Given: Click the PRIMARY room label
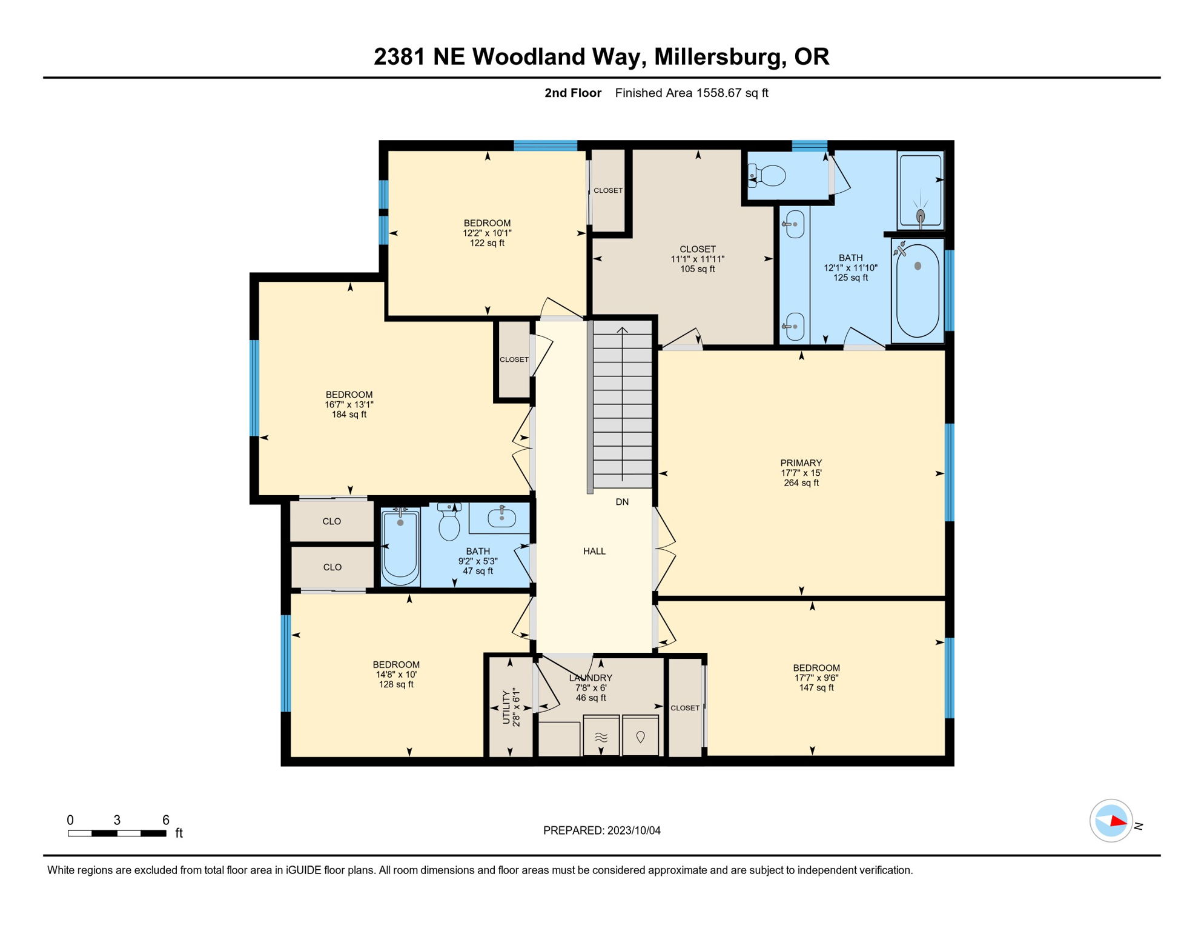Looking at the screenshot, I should coord(801,463).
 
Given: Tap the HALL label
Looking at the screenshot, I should coord(594,551).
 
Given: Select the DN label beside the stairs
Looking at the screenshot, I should coord(622,502).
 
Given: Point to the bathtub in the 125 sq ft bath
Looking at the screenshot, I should coord(918,290).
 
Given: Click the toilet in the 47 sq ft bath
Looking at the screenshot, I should coord(449,524).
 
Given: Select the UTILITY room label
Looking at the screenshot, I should coord(506,707).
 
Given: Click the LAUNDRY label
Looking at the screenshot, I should coord(590,678).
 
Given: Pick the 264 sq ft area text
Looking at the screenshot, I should coord(801,483).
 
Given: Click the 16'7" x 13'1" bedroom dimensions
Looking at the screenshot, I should coord(349,404).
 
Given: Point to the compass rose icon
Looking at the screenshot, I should coord(1111,821).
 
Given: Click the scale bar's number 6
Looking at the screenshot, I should coord(165,820).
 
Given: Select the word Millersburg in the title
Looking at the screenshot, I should coord(717,56).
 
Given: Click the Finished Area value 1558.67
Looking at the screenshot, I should coord(719,93).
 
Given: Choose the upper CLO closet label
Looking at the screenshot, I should coord(332,521).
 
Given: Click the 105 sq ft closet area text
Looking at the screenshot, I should coord(697,269).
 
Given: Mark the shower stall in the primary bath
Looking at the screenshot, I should coord(921,189).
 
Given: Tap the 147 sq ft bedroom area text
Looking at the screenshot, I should coord(816,688).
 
